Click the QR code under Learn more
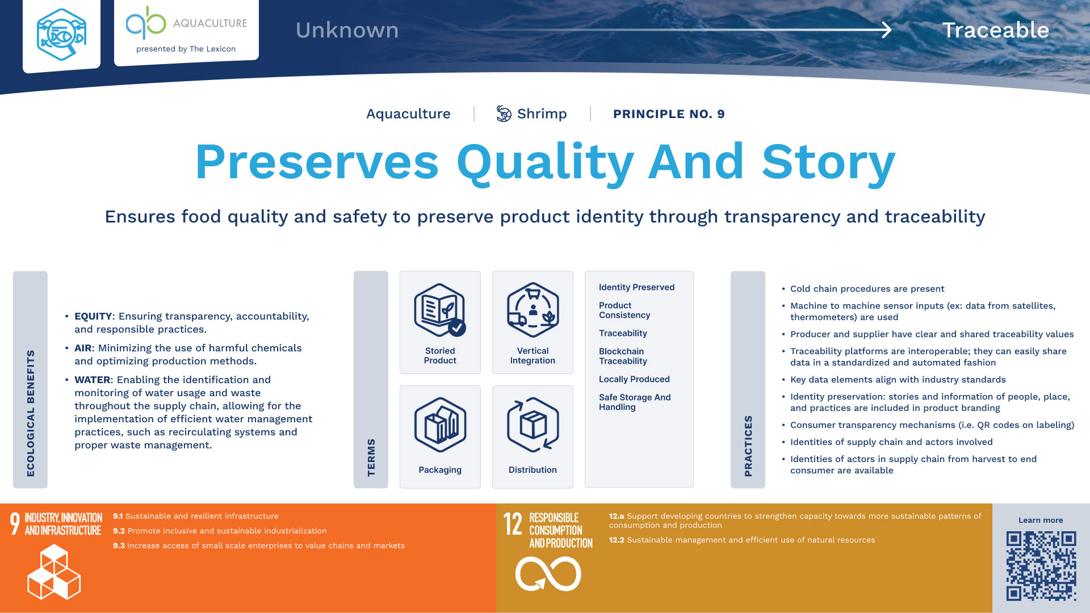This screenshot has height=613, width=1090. [x=1041, y=566]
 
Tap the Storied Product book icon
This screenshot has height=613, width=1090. [x=440, y=310]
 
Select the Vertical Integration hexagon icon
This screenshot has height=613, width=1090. [x=533, y=310]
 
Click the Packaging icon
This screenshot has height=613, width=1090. [x=440, y=425]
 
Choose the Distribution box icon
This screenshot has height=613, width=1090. [x=533, y=425]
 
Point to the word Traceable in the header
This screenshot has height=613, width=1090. [x=996, y=30]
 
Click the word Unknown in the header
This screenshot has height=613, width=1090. [x=347, y=30]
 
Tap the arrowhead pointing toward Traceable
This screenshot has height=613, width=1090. [x=886, y=30]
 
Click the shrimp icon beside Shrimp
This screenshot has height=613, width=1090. [x=504, y=114]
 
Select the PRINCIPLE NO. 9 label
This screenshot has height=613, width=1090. [x=669, y=114]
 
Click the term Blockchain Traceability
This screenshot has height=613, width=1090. [x=623, y=356]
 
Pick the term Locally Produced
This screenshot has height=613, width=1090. [x=634, y=379]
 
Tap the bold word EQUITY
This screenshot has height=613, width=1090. [x=93, y=316]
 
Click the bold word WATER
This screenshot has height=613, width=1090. [x=93, y=380]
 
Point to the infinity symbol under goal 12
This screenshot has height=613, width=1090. [x=548, y=574]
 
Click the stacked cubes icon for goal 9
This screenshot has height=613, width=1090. [x=54, y=572]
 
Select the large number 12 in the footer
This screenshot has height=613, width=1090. [x=513, y=524]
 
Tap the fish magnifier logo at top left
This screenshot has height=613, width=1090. [x=61, y=34]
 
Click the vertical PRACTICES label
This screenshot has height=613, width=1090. [x=748, y=446]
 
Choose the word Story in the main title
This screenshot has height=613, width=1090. [x=828, y=163]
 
